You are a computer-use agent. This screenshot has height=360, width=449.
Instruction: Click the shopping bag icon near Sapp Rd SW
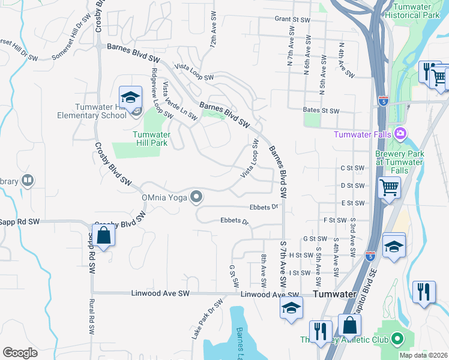(103, 235)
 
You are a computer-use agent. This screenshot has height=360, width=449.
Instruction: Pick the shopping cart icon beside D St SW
(389, 187)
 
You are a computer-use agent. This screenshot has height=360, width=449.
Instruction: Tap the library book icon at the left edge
(27, 181)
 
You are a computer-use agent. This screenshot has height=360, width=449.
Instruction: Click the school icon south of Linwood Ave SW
(291, 308)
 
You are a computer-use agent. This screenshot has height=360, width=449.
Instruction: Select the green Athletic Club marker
(397, 340)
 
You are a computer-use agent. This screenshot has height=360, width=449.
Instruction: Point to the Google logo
(20, 353)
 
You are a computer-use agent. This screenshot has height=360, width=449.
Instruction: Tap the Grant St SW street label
(292, 20)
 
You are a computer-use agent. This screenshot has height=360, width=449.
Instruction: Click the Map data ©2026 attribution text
(423, 355)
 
